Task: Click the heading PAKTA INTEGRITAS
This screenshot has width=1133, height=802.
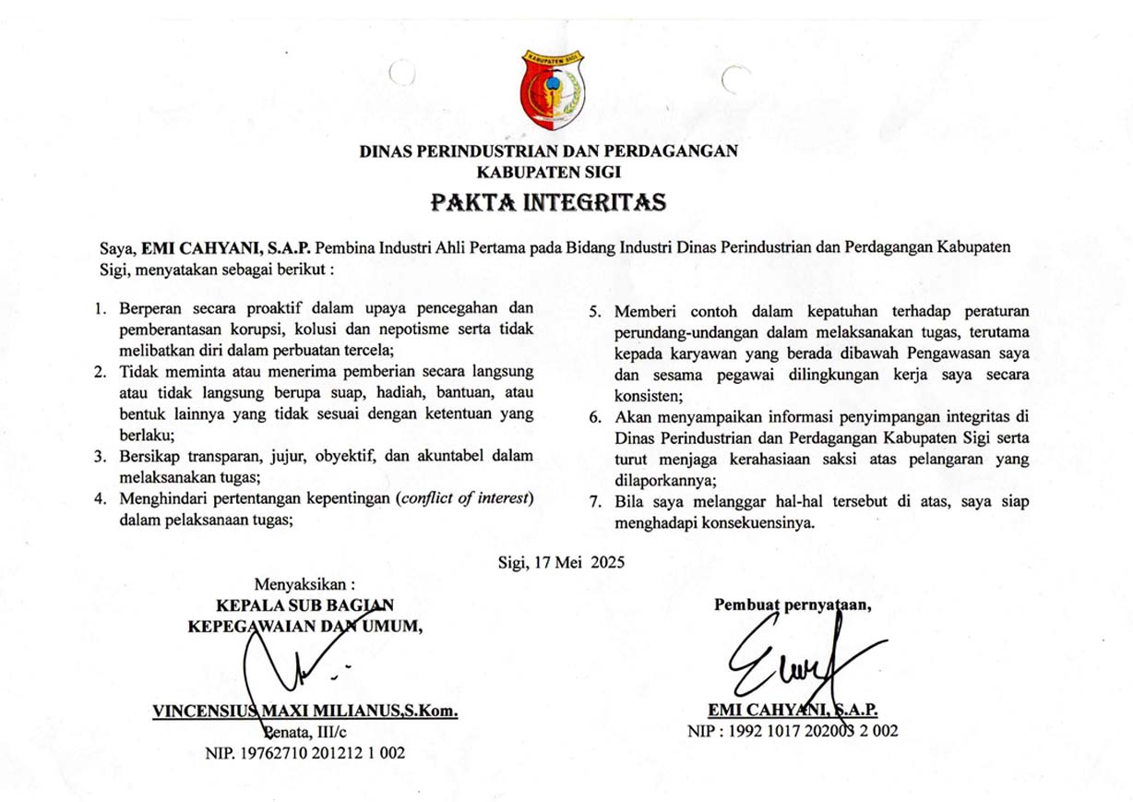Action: [548, 201]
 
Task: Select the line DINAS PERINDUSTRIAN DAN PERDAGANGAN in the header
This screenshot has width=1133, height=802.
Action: [548, 151]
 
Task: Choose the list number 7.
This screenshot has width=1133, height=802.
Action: [596, 503]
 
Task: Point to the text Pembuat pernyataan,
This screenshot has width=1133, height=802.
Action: [793, 605]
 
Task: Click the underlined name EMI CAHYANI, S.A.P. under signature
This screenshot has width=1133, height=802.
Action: [793, 710]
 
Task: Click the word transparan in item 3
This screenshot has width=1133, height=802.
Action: [216, 456]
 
